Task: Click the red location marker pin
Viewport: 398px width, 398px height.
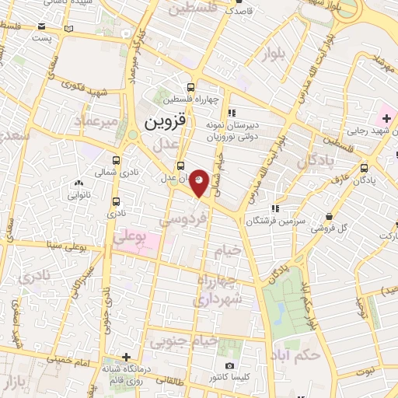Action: (x=200, y=182)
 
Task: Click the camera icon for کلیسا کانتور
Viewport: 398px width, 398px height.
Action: (x=229, y=365)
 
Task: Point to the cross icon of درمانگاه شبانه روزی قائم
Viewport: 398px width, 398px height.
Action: (x=114, y=357)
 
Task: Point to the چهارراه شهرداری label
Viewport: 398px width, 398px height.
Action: (x=220, y=289)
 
